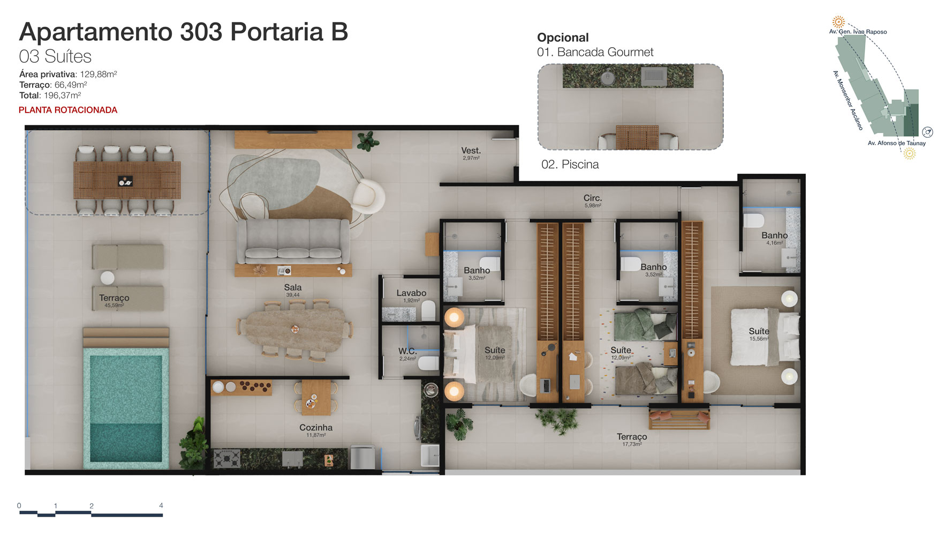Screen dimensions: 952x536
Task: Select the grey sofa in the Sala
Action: pos(293,241)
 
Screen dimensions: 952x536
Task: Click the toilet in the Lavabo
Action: pos(428,310)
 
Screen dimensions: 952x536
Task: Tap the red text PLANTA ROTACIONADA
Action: pos(68,110)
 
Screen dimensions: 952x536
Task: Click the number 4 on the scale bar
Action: pos(161,505)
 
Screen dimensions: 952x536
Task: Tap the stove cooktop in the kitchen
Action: pos(227,459)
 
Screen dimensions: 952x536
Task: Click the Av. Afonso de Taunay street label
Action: pos(897,143)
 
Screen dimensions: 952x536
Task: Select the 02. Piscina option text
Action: pos(570,165)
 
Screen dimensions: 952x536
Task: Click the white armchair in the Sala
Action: pos(368,197)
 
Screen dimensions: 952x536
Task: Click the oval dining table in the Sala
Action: pos(294,329)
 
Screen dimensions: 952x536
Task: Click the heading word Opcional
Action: pos(563,38)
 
